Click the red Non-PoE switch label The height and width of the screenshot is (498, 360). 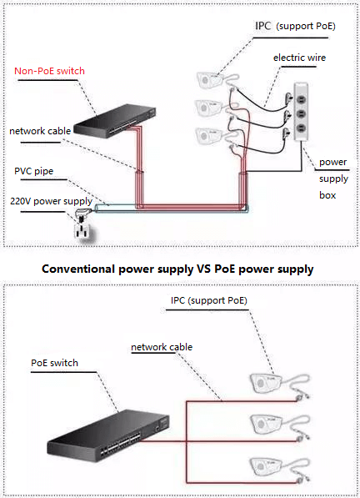(49, 71)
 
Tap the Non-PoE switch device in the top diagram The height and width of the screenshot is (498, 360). (114, 121)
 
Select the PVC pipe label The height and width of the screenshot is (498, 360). (34, 171)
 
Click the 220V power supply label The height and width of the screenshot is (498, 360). (51, 201)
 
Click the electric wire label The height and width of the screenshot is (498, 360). (299, 58)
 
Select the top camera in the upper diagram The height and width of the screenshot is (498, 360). (210, 80)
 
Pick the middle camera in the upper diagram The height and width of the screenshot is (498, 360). (208, 108)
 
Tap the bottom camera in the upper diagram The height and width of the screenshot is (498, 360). (209, 136)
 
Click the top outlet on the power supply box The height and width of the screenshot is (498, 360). (301, 101)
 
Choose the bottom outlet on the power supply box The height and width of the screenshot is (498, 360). (301, 128)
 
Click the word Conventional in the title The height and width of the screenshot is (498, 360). (78, 269)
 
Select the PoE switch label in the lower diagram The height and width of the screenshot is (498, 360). (54, 363)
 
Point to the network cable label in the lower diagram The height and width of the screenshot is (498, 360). (162, 347)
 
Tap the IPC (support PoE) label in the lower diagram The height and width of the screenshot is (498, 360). (208, 300)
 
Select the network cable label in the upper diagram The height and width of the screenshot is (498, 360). (40, 131)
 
